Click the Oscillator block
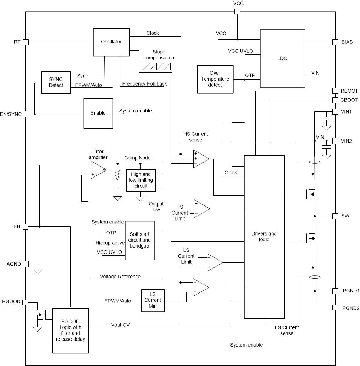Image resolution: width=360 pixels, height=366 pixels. (111, 42)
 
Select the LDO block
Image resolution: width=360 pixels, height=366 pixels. (282, 58)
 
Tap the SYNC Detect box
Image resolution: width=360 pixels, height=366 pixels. (56, 82)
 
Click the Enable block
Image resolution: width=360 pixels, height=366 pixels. (98, 113)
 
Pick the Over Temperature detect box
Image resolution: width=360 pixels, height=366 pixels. (215, 79)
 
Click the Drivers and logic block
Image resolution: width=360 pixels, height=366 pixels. (264, 237)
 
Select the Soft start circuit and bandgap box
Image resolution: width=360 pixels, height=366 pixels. (139, 240)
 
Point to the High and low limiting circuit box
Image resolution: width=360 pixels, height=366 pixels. (141, 180)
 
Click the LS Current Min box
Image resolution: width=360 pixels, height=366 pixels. (153, 300)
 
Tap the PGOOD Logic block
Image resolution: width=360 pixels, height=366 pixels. (70, 331)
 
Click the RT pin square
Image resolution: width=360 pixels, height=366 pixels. (25, 42)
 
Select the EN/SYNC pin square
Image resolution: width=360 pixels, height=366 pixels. (25, 114)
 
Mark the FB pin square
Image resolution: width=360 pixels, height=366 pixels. (25, 226)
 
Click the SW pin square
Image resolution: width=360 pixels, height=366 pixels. (335, 216)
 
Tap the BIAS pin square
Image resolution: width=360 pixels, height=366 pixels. (335, 42)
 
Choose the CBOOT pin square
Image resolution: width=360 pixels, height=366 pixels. (335, 100)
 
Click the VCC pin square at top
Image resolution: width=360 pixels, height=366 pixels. (238, 12)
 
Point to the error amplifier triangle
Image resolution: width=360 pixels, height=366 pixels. (97, 169)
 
